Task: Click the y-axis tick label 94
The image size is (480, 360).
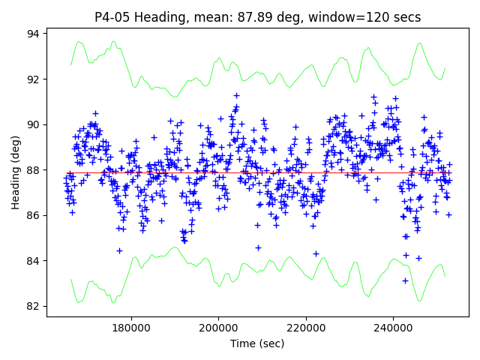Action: click(34, 34)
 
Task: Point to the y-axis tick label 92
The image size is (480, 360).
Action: click(34, 79)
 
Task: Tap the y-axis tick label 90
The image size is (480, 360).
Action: click(34, 124)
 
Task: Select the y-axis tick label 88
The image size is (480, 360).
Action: click(34, 170)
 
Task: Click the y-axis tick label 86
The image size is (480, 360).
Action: click(34, 215)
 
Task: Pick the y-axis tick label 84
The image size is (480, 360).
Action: click(34, 261)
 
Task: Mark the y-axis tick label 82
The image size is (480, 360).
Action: click(34, 306)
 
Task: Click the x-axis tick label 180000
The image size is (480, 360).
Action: click(131, 328)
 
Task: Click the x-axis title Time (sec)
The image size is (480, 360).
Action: click(257, 343)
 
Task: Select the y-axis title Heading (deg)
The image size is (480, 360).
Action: click(15, 172)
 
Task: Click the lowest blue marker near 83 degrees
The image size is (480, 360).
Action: click(405, 280)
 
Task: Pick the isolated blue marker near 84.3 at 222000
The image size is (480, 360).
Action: click(316, 253)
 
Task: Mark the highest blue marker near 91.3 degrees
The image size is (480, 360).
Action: click(236, 95)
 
